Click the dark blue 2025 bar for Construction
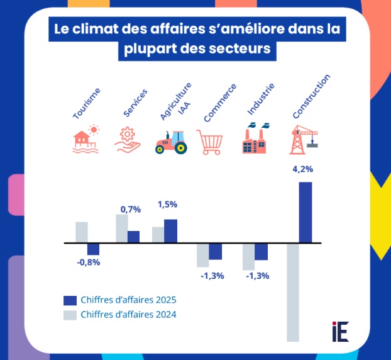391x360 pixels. click(305, 212)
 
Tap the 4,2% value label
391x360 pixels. click(303, 169)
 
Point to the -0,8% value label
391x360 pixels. click(89, 262)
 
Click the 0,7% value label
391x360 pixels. click(131, 209)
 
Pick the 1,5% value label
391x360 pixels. click(167, 204)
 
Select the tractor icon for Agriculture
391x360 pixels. click(171, 142)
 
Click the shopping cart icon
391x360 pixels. click(211, 142)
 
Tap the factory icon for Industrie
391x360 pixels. click(255, 139)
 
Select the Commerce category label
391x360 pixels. click(220, 103)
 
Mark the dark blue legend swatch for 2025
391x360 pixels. click(70, 300)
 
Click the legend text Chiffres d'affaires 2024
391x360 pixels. click(128, 315)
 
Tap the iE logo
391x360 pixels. click(340, 331)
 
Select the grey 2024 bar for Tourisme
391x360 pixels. click(81, 232)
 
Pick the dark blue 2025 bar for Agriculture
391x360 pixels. click(170, 230)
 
